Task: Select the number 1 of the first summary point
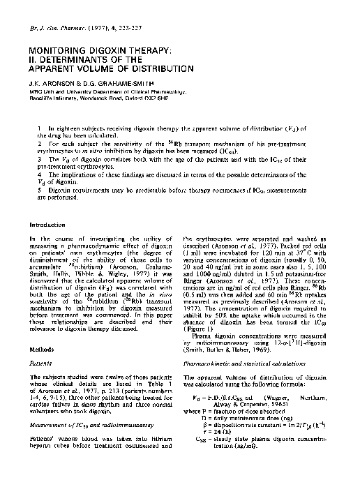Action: click(41, 129)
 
